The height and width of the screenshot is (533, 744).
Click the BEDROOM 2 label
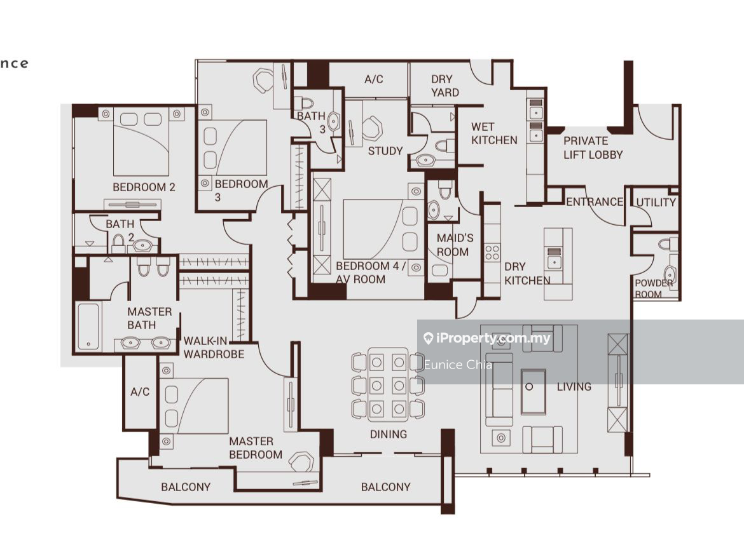(144, 187)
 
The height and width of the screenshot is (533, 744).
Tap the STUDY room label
(385, 151)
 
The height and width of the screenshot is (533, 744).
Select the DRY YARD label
(444, 86)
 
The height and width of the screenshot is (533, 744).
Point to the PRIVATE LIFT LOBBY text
(593, 147)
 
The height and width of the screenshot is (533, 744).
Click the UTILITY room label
(656, 203)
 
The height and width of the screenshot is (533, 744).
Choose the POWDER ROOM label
(654, 288)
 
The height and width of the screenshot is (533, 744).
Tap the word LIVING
(574, 387)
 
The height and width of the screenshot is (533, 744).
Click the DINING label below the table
(389, 434)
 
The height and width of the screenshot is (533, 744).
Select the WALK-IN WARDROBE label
(214, 347)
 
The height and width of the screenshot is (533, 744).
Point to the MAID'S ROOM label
(455, 245)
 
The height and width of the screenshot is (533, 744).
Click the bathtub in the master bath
(88, 327)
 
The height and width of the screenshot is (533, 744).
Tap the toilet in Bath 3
(305, 103)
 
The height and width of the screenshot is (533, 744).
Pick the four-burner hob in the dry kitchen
(492, 253)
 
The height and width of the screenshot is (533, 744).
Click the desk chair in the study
(373, 128)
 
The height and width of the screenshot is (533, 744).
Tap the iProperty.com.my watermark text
(493, 338)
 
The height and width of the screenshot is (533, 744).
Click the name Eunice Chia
(458, 365)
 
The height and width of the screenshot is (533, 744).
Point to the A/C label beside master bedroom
(140, 392)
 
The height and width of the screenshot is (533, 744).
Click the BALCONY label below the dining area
(386, 487)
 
